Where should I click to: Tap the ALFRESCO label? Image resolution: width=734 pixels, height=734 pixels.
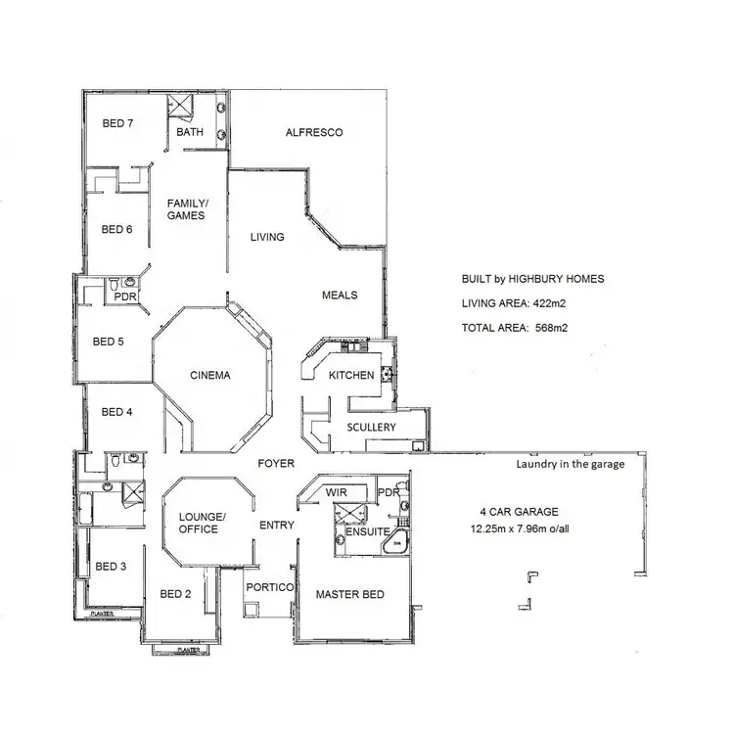(313, 132)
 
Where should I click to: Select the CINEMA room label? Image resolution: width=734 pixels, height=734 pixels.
(209, 374)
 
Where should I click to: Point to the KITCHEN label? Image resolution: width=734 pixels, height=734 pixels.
(351, 376)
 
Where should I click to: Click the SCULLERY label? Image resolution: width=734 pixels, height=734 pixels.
(371, 428)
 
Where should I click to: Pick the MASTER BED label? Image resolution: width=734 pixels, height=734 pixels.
(349, 594)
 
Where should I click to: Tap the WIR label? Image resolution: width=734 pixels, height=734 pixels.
(337, 491)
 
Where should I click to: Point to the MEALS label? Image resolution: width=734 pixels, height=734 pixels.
(340, 295)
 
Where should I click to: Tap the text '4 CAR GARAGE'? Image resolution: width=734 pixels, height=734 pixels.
(519, 511)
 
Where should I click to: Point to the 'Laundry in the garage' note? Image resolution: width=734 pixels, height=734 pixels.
(570, 465)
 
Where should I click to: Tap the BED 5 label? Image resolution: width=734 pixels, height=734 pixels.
(109, 342)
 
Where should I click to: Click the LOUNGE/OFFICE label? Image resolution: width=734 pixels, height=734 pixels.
(203, 523)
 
